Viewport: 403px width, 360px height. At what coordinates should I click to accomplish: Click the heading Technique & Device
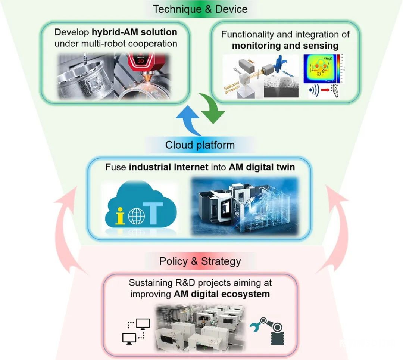tap(200, 9)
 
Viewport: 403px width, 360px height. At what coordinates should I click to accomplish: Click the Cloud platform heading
tap(200, 145)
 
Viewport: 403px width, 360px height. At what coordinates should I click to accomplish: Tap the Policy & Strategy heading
tap(200, 261)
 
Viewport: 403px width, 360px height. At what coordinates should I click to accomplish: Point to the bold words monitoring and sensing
tap(285, 46)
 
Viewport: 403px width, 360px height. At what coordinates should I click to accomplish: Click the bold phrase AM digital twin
tap(261, 167)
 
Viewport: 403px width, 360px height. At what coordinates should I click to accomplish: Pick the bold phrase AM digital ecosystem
tap(222, 294)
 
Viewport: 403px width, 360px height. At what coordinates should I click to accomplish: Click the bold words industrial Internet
tap(168, 167)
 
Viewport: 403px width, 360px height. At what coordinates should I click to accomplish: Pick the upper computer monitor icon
tap(143, 323)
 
